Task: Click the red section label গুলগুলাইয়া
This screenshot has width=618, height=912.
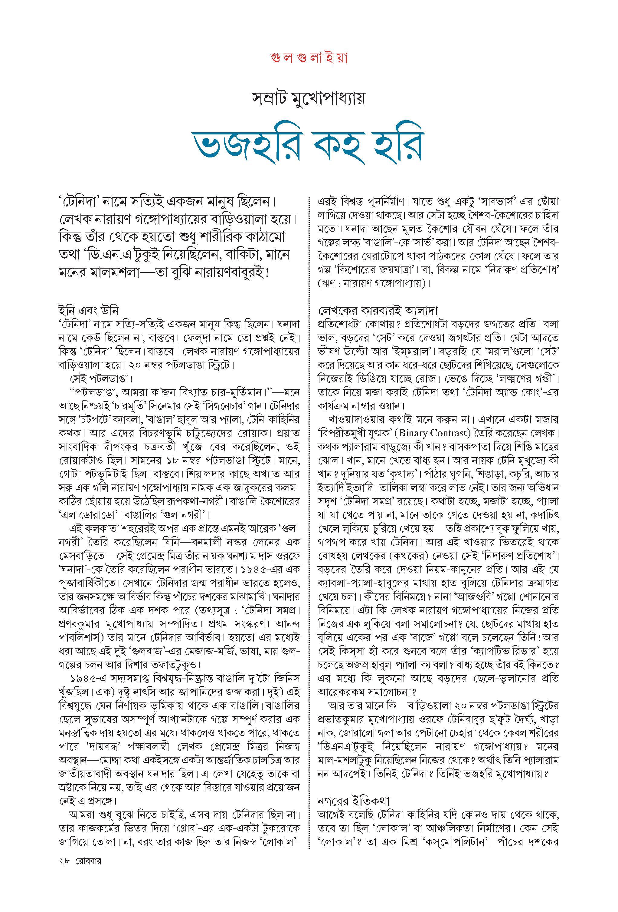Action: pos(309,58)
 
